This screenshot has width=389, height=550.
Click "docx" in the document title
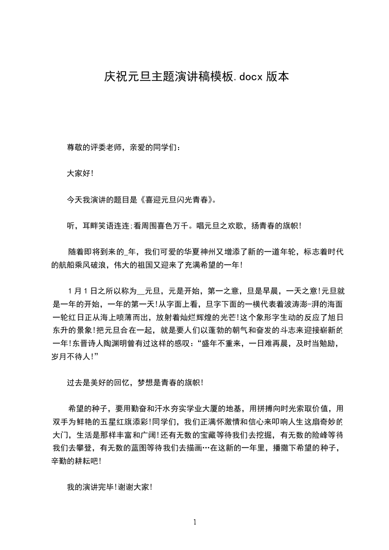251,77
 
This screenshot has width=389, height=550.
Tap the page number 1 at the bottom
195,522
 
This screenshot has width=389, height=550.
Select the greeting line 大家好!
80,173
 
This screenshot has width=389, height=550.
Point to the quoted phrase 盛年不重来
225,344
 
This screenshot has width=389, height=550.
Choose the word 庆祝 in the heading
112,77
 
